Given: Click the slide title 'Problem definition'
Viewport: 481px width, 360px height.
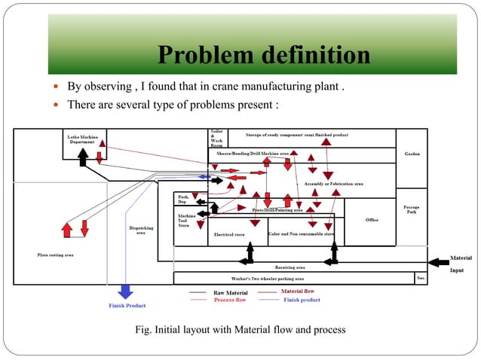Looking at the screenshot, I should point(264,56).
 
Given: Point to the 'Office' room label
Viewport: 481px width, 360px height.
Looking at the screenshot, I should point(372,220).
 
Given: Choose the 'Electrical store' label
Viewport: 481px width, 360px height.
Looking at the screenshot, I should point(229,235).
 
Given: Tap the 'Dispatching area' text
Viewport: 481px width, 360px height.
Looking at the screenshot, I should point(140,230).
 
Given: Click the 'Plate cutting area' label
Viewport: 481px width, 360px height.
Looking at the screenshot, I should point(55,255).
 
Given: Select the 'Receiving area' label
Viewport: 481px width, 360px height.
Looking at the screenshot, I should point(290,267).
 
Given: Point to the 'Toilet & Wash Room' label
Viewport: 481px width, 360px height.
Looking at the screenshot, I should point(216,139).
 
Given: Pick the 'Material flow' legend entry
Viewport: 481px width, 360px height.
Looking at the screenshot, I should point(297,291).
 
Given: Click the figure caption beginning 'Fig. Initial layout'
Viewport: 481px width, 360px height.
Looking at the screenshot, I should point(239,330).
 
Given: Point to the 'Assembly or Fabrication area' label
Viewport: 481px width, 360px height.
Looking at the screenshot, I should point(333,184).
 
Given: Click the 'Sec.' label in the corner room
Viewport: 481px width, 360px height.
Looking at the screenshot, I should point(421,278).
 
